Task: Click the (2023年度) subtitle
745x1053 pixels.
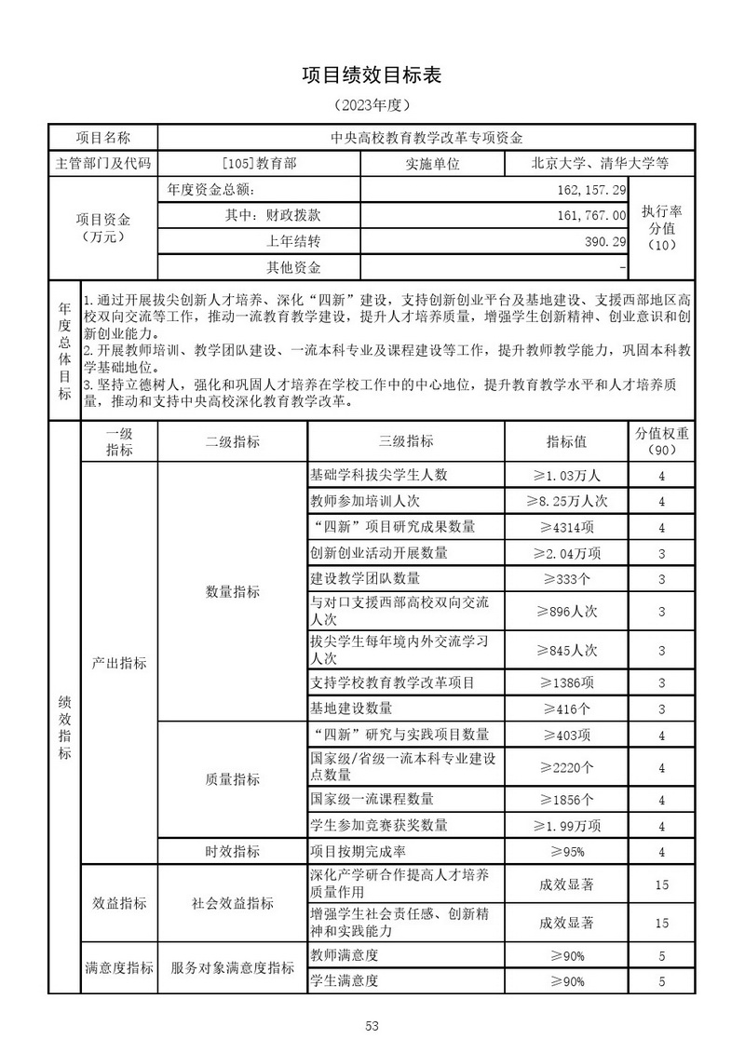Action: [x=372, y=105]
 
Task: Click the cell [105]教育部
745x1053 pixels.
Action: [x=260, y=163]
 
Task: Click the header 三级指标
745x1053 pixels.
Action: [x=406, y=441]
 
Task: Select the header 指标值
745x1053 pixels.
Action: [x=566, y=441]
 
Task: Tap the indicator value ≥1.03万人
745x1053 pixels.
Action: [x=566, y=475]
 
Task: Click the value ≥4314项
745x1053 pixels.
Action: [x=566, y=527]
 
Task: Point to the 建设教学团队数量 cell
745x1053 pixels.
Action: [x=365, y=578]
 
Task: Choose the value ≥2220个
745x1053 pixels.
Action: [x=566, y=767]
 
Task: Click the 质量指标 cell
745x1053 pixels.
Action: [x=232, y=778]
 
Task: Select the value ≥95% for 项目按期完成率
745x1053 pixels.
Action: [x=566, y=851]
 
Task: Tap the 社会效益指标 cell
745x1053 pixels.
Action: [x=232, y=903]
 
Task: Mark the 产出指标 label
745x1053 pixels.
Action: [x=119, y=663]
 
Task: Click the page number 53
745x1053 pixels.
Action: [x=372, y=1026]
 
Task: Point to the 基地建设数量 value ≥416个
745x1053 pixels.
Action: [x=566, y=709]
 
